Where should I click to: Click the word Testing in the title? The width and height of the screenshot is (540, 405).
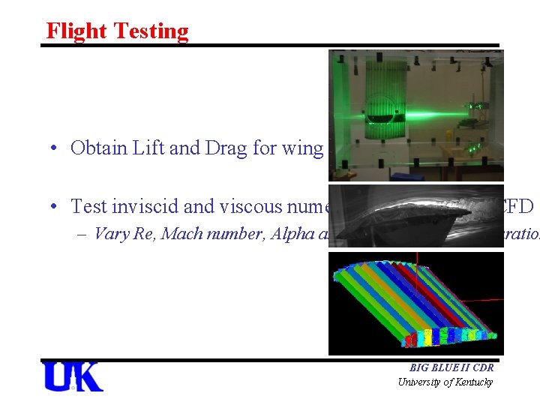(x=152, y=31)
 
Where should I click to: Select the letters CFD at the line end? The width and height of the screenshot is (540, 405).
(x=522, y=205)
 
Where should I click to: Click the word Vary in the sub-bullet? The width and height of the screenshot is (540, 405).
(x=112, y=232)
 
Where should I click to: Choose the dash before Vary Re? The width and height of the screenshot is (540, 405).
(x=83, y=232)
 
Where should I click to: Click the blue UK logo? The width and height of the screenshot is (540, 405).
(x=73, y=377)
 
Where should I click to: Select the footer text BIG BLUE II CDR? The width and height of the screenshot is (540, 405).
(x=451, y=368)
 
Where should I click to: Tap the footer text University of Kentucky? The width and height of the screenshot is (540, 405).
(x=445, y=382)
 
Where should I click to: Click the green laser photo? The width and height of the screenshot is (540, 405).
(x=415, y=115)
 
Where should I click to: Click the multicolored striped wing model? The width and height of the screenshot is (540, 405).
(x=415, y=303)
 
